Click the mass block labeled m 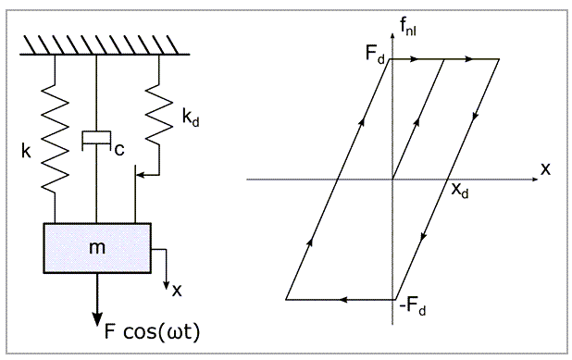click(x=97, y=248)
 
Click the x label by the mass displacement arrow click(x=176, y=289)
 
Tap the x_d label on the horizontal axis click(x=460, y=191)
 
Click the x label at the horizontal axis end click(x=545, y=168)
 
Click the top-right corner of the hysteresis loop click(x=499, y=59)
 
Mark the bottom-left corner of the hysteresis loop click(x=286, y=300)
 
